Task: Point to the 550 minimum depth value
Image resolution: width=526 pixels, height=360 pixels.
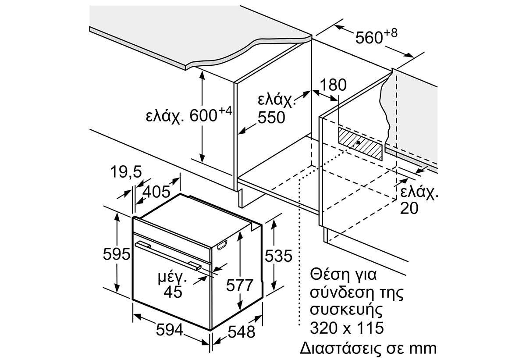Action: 271,118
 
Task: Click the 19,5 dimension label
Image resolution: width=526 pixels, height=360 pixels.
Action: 126,171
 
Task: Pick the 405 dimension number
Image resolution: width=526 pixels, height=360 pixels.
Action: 156,192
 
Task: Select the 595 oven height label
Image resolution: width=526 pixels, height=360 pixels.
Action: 117,254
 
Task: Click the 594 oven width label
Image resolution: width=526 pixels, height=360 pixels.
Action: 170,329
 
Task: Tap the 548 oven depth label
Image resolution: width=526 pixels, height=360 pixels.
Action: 242,332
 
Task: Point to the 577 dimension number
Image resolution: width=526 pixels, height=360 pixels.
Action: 239,285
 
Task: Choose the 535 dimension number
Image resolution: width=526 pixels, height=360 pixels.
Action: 278,256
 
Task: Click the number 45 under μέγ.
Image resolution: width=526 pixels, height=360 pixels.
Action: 173,292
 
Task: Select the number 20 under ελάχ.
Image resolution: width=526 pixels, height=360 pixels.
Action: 409,208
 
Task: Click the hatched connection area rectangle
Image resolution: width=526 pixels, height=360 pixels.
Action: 360,144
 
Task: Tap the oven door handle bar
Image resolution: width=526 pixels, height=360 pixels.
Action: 168,256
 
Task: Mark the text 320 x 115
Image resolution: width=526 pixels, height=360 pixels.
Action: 347,328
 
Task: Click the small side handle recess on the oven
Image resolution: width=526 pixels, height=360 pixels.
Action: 222,245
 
